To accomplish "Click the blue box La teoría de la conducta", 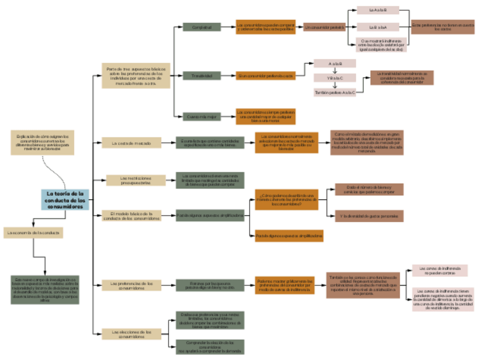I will point(65,200).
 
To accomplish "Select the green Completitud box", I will point(201,27).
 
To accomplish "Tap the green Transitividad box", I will point(201,76).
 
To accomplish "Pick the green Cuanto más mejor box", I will point(201,117).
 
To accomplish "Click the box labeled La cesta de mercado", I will point(131,143).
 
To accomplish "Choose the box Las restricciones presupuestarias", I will point(135,180).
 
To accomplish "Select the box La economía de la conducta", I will point(33,232).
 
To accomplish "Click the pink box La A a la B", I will point(378,10).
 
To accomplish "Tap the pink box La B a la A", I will point(378,27).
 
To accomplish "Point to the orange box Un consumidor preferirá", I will point(324,27).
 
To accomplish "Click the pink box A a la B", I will point(335,63).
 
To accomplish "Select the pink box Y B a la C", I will point(335,78).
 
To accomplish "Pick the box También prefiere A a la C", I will point(335,92).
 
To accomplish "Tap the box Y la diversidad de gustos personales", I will point(369,216).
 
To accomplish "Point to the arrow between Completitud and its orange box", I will point(228,27).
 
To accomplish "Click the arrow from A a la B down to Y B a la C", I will point(335,71).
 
